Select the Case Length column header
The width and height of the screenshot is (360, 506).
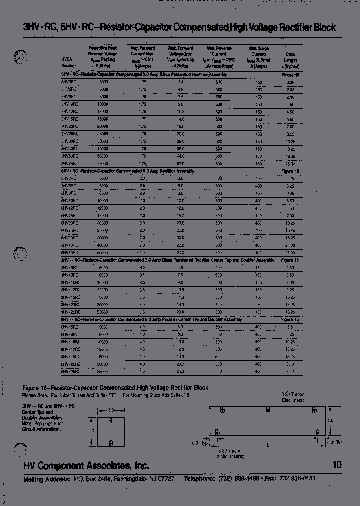point(290,60)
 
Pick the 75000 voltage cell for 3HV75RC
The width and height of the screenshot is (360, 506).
point(103,163)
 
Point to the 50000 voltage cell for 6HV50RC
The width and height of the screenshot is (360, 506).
point(103,252)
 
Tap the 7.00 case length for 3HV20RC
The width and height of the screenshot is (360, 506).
point(291,127)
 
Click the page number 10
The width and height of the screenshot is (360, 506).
point(337,465)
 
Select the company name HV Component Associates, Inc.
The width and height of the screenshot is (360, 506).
point(86,465)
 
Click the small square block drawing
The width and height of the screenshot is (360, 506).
point(111,429)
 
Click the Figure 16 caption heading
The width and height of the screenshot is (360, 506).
point(115,388)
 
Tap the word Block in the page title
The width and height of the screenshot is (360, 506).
point(325,28)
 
